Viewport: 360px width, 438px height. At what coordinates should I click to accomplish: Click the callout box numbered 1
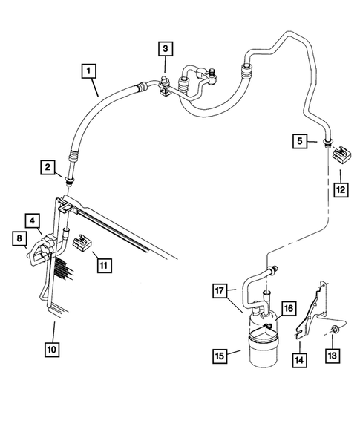tap(88, 71)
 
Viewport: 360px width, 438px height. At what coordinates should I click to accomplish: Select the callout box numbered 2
tap(48, 169)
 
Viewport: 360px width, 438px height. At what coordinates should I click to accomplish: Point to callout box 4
tap(33, 220)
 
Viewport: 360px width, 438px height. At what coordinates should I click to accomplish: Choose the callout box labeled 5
tap(298, 141)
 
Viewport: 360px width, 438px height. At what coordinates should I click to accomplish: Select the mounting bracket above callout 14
tap(312, 312)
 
